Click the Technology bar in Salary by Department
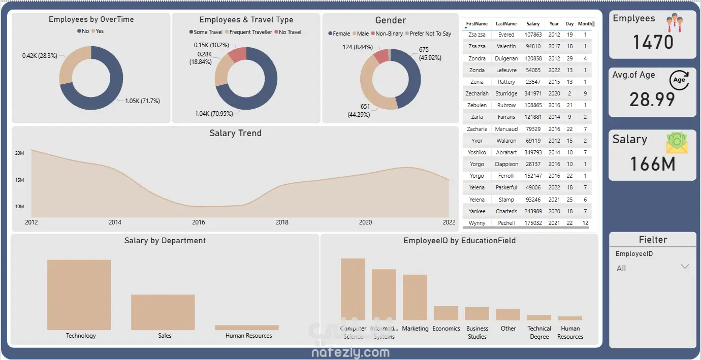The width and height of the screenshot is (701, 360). (x=79, y=294)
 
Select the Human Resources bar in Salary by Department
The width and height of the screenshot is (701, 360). (x=246, y=328)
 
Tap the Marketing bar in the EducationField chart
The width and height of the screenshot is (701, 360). (x=415, y=297)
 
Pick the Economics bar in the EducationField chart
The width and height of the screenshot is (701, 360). (x=445, y=313)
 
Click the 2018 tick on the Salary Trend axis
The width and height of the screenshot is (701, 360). (x=282, y=222)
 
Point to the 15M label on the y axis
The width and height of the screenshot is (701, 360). (x=19, y=180)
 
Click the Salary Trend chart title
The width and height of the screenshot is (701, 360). (x=235, y=133)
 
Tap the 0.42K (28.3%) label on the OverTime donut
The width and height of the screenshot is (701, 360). (x=40, y=55)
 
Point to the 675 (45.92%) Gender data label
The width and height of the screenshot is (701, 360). (x=430, y=54)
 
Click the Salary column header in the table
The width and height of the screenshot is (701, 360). (x=533, y=24)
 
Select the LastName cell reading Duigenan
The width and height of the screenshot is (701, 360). (x=506, y=58)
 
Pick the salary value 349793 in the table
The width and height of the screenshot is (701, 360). (x=533, y=152)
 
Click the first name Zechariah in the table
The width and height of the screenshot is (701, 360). (x=477, y=93)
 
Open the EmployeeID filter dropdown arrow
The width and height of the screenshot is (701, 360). (x=684, y=267)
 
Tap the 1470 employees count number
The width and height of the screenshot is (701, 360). (x=653, y=42)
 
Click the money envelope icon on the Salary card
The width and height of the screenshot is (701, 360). (x=677, y=143)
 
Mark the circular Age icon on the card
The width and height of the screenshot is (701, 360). (x=679, y=80)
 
